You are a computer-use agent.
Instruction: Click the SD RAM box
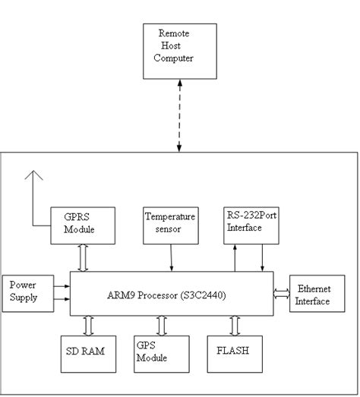(87, 353)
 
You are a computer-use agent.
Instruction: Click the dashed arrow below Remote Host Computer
(179, 115)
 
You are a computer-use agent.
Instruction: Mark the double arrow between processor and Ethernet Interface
(281, 293)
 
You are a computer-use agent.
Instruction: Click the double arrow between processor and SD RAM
(89, 325)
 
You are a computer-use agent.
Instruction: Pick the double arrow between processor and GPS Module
(161, 325)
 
